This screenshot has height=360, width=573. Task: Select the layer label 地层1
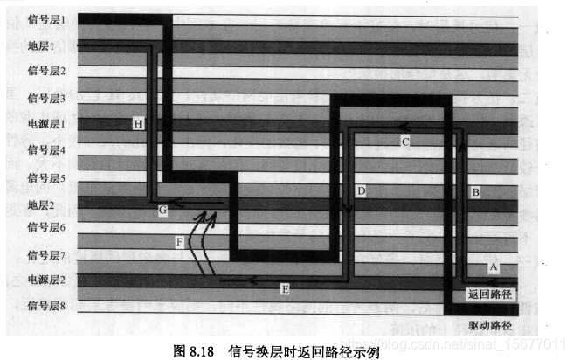[41, 45]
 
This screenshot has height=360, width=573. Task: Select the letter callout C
[405, 140]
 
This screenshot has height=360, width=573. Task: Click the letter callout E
[285, 288]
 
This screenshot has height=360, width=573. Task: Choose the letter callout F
[179, 241]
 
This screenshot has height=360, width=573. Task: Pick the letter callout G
[162, 211]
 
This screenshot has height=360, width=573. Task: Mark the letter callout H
[138, 124]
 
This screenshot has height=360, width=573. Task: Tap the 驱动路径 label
[490, 325]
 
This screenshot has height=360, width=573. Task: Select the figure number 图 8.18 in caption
[196, 350]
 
